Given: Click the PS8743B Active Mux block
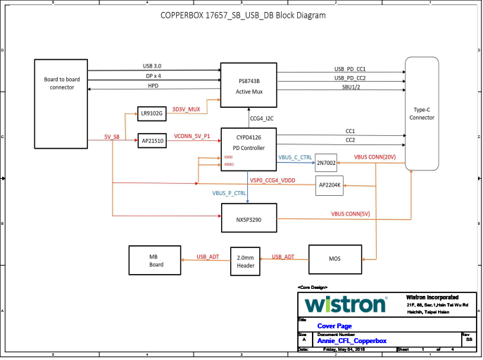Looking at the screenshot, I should click(x=249, y=85).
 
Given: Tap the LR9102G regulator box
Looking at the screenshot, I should click(x=151, y=113).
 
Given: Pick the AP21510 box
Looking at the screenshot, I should click(x=151, y=140).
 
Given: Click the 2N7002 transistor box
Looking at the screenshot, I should click(x=326, y=163).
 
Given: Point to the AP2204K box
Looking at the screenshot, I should click(x=329, y=185).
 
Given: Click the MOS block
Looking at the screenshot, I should click(x=334, y=259).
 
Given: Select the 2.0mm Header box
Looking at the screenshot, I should click(x=246, y=261).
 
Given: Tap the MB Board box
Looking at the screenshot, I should click(x=156, y=261).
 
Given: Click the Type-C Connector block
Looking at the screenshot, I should click(x=422, y=113).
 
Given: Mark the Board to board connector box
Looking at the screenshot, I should click(x=62, y=104).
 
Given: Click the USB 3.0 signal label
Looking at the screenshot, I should click(x=152, y=66).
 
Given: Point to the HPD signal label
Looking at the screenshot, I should click(x=153, y=85).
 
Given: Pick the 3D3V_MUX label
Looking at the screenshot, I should click(x=187, y=109).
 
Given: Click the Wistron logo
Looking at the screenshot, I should click(x=346, y=304).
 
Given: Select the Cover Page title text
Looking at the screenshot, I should click(x=335, y=326).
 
